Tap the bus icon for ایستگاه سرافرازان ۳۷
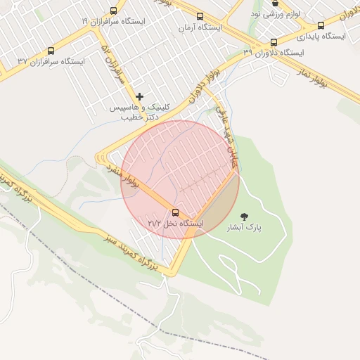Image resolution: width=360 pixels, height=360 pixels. coord(50,51)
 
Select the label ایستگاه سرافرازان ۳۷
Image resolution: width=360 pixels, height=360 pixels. coord(51,62)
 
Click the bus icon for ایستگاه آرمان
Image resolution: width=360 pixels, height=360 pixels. coord(200,17)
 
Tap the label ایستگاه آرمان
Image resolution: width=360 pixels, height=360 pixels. coord(200,27)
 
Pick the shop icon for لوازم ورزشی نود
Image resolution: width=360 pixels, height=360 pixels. coord(275,4)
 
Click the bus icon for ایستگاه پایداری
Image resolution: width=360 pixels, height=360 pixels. coord(321,25)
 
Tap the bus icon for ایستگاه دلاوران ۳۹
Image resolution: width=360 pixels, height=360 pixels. coord(274,42)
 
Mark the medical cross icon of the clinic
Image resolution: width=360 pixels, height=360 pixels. coord(140,96)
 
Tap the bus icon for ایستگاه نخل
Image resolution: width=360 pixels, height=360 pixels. coord(175,213)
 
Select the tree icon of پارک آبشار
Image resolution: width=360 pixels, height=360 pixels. coord(244,217)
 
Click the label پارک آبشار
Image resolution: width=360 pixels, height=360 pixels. coord(243,228)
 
